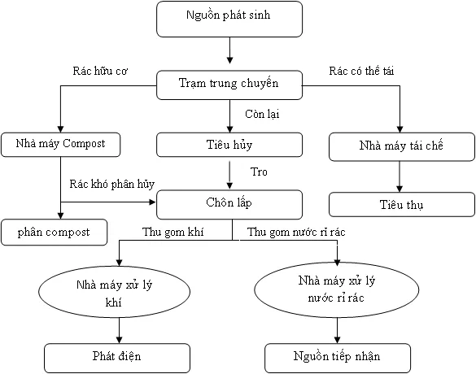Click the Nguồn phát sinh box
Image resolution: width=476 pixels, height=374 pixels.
[229, 19]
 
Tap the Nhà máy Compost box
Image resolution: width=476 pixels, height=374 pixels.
[60, 144]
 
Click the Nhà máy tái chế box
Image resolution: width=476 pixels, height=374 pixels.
[400, 147]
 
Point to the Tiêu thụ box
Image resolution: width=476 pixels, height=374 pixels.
[401, 203]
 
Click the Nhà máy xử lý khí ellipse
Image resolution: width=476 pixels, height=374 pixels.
[119, 291]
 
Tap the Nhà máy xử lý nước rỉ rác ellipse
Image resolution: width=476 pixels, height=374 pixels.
[337, 289]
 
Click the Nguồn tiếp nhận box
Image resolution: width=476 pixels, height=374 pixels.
[336, 356]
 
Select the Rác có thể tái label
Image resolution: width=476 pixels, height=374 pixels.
[367, 72]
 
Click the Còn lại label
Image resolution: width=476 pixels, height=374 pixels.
[262, 114]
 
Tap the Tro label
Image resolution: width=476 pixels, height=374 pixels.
[259, 172]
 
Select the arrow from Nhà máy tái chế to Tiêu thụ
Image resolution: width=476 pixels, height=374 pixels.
[400, 176]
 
